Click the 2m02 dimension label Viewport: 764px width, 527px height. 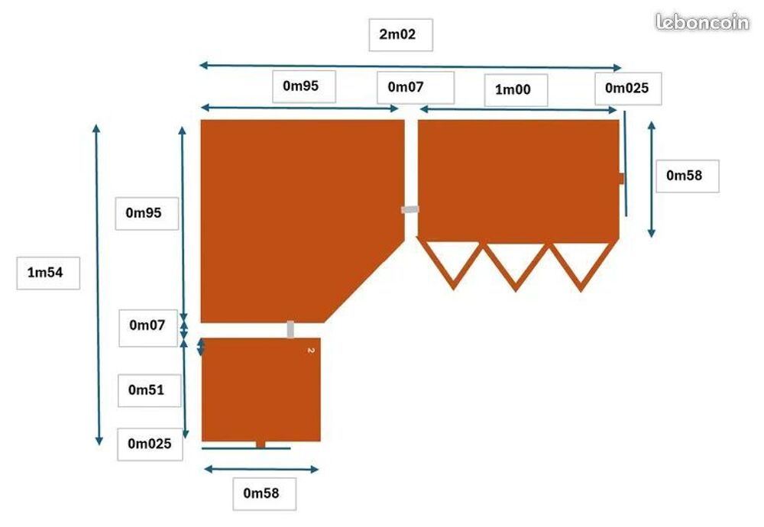coord(397,34)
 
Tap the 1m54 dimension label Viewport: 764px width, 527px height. coord(45,272)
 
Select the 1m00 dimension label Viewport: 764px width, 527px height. coord(513,89)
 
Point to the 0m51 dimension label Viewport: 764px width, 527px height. coord(146,390)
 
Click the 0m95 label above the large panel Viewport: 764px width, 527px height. coord(300,86)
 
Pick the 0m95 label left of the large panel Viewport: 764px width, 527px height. coord(144,213)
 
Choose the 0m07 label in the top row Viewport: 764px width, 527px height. coord(406,87)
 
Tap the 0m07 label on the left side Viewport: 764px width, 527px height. coord(147,325)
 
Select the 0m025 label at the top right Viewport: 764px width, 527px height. coord(627,88)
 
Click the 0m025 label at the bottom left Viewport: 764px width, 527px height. coord(150,444)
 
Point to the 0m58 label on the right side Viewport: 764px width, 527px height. coord(685,176)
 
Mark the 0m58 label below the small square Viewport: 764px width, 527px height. coord(261,493)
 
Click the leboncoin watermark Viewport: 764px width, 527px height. coord(702,22)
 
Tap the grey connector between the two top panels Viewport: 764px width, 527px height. coord(410,209)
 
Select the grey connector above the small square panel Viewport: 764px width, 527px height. coord(290,329)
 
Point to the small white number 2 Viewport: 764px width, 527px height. coord(312,351)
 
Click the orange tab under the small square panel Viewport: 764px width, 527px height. coord(261,445)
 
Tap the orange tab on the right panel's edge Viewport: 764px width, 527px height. coord(621,179)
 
